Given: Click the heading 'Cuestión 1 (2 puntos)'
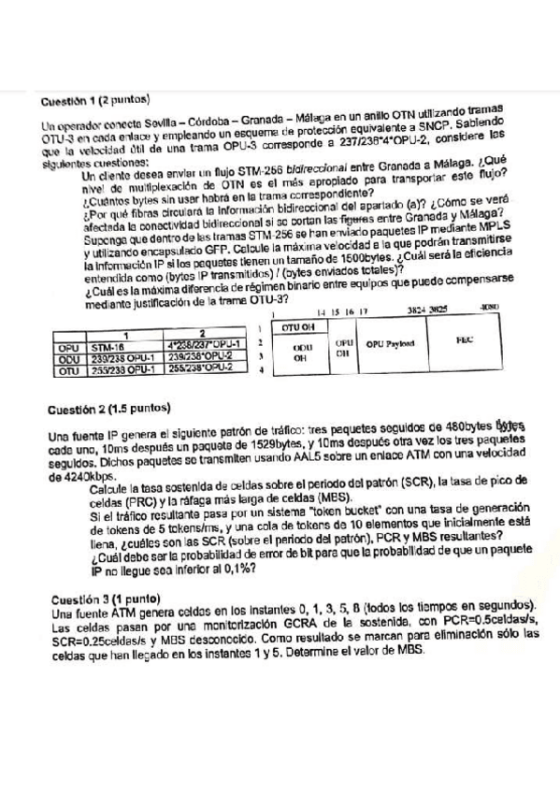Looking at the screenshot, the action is point(96,100).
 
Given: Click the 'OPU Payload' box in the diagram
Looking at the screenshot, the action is point(391,344).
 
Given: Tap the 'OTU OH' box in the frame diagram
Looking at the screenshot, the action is point(294,327).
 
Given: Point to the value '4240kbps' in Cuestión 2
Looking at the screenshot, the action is point(71,476).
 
